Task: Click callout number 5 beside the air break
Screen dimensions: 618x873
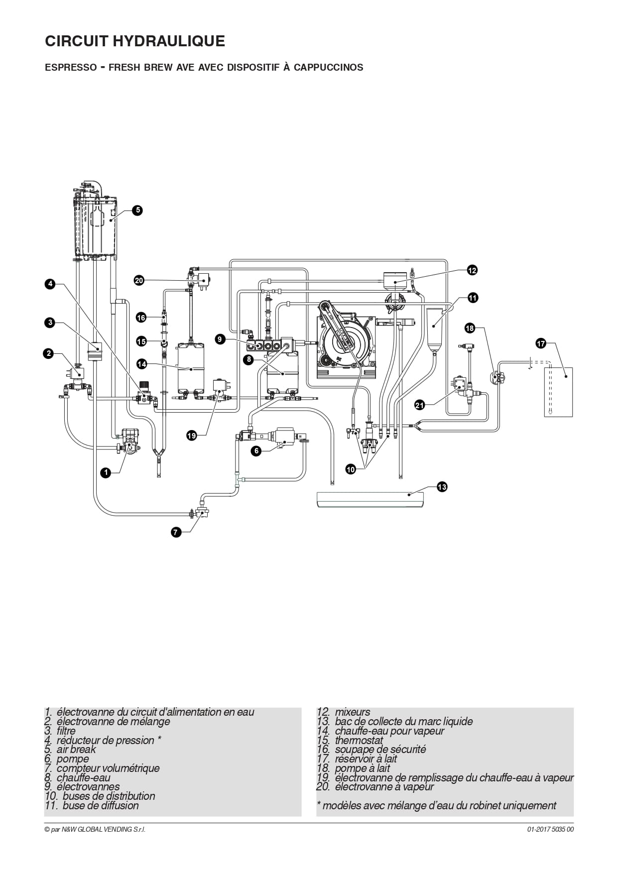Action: [137, 211]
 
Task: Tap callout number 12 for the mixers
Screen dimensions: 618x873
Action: [472, 270]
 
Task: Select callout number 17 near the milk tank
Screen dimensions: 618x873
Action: [541, 343]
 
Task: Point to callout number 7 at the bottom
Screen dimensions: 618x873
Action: [175, 533]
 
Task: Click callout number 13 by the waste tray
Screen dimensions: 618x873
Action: [442, 487]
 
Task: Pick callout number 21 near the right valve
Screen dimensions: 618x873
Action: [420, 405]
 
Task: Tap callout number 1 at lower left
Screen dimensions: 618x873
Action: [105, 473]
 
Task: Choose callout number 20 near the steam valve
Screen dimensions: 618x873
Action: [139, 281]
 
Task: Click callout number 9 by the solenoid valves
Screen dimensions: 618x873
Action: [221, 339]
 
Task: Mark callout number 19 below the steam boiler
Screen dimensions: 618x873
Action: [192, 436]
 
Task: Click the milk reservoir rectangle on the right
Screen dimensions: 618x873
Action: [558, 392]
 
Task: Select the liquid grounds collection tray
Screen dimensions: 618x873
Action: [371, 499]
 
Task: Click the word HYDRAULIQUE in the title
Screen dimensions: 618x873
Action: [169, 41]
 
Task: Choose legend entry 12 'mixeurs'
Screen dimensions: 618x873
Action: [344, 712]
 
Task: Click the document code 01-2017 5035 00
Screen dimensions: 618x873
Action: [550, 829]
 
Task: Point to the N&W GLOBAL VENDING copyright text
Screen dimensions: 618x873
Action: [95, 829]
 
